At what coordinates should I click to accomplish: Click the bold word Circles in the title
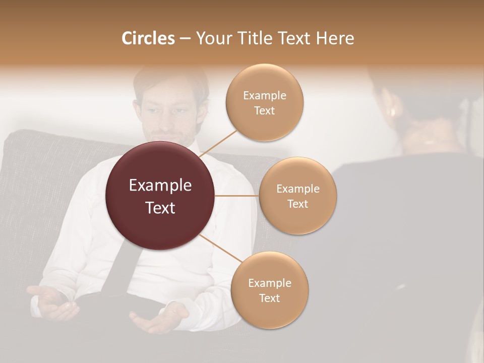[148, 38]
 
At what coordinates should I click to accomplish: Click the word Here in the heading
[335, 38]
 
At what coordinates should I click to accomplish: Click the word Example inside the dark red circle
[160, 186]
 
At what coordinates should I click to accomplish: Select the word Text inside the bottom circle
[269, 298]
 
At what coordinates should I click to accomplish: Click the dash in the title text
[185, 39]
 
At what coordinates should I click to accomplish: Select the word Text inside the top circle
[264, 111]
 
